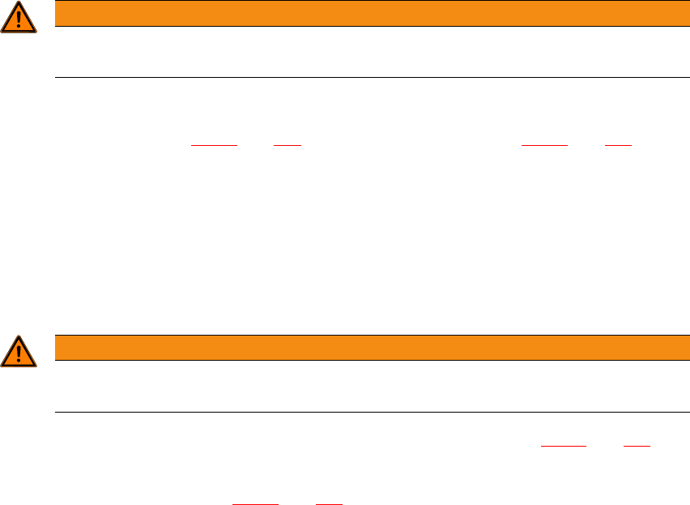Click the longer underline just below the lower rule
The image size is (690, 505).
pyautogui.click(x=563, y=446)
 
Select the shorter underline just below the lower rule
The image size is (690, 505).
pyautogui.click(x=636, y=446)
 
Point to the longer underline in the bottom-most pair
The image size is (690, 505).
pyautogui.click(x=255, y=504)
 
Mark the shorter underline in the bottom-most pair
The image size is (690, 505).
pyautogui.click(x=328, y=504)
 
